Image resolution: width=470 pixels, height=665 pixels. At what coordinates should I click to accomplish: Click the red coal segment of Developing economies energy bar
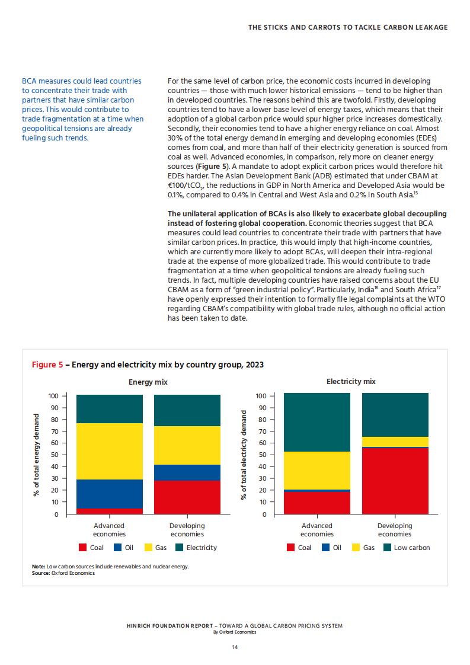[x=187, y=497]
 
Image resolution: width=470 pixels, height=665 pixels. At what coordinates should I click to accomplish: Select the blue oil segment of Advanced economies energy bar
[x=110, y=494]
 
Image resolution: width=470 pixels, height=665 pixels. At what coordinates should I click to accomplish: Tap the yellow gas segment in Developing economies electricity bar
[x=395, y=442]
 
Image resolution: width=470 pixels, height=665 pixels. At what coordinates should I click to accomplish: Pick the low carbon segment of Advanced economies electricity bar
[x=317, y=423]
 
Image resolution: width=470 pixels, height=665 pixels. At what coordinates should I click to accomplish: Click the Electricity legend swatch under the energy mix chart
[x=179, y=548]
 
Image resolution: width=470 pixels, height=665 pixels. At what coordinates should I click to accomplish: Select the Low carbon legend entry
[x=407, y=548]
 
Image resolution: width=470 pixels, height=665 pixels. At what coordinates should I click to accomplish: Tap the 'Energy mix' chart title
[x=148, y=382]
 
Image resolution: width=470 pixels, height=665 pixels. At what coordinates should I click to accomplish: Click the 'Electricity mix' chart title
[x=351, y=382]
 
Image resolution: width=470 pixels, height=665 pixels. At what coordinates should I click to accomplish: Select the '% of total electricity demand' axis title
[x=244, y=455]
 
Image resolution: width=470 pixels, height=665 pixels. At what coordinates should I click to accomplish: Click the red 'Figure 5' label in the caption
[x=47, y=365]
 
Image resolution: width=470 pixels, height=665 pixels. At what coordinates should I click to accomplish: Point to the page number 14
[x=235, y=647]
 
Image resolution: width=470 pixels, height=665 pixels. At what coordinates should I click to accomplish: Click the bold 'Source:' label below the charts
[x=41, y=573]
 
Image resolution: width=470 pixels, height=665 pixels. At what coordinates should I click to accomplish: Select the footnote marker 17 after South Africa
[x=439, y=288]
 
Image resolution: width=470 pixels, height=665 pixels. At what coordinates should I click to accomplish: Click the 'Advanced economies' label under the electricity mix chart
[x=317, y=530]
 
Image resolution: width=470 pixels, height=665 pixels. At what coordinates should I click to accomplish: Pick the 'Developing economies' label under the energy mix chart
[x=187, y=530]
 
